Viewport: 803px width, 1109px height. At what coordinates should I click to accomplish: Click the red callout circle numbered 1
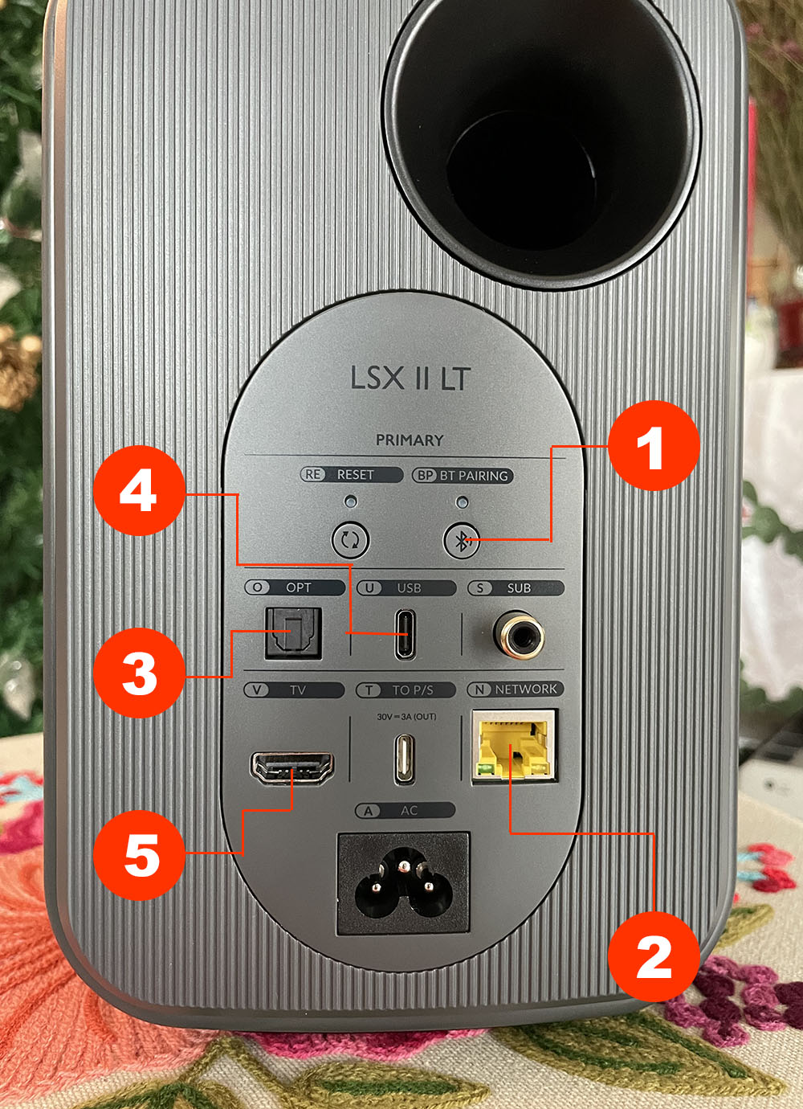click(x=654, y=445)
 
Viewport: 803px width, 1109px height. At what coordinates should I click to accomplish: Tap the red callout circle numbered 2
click(x=654, y=958)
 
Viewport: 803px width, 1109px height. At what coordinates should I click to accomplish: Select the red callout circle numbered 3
click(x=139, y=673)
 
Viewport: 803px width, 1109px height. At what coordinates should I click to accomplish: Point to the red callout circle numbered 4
click(x=139, y=490)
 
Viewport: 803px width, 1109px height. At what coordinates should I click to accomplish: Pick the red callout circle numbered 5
click(x=139, y=855)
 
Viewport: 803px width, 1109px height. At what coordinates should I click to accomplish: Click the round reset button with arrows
click(x=350, y=539)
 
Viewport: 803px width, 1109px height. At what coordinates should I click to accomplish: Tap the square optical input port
click(x=293, y=633)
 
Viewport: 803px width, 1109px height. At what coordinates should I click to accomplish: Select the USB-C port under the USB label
click(x=406, y=634)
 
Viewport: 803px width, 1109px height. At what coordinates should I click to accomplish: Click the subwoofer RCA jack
click(x=519, y=635)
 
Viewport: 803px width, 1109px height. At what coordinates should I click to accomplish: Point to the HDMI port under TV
click(x=292, y=768)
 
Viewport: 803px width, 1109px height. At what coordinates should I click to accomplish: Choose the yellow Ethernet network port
click(x=515, y=746)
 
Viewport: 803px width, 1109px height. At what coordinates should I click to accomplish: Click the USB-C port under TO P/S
click(x=406, y=759)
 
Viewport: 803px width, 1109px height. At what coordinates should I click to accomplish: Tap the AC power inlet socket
click(x=403, y=884)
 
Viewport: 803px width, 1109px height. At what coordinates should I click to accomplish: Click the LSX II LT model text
click(x=410, y=379)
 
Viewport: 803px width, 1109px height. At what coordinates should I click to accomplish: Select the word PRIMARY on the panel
click(x=410, y=440)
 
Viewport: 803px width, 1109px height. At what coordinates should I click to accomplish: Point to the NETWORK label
click(x=526, y=690)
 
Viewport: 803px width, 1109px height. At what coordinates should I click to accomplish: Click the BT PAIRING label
click(x=474, y=476)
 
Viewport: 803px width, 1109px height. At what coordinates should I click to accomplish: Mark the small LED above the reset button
click(x=351, y=501)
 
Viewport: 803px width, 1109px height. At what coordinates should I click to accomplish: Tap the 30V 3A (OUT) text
click(x=406, y=716)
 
